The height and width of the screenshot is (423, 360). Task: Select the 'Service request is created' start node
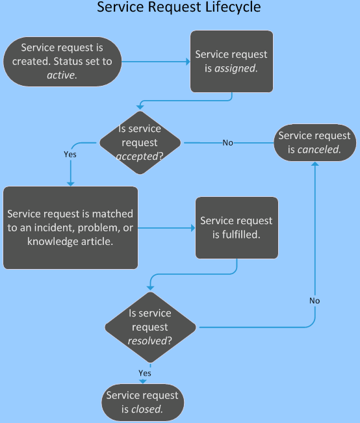pyautogui.click(x=62, y=62)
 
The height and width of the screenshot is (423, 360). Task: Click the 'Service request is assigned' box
pyautogui.click(x=231, y=62)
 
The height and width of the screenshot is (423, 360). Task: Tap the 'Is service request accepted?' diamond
pyautogui.click(x=140, y=142)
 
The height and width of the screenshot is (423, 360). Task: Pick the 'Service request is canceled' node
pyautogui.click(x=315, y=143)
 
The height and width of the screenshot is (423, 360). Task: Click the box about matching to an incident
pyautogui.click(x=70, y=227)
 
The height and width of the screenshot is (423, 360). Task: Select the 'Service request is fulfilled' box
pyautogui.click(x=237, y=227)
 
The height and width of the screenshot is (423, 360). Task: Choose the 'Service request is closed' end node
pyautogui.click(x=141, y=403)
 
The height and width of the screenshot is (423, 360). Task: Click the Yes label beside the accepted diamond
pyautogui.click(x=70, y=155)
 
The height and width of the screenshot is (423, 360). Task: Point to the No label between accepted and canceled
pyautogui.click(x=228, y=143)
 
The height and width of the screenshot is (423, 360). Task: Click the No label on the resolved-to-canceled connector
pyautogui.click(x=315, y=301)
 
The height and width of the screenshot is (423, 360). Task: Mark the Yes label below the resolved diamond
pyautogui.click(x=145, y=373)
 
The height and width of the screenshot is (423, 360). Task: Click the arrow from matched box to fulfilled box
pyautogui.click(x=166, y=227)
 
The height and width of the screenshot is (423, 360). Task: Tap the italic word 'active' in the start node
pyautogui.click(x=62, y=75)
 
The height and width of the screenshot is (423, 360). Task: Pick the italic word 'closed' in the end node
pyautogui.click(x=148, y=409)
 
